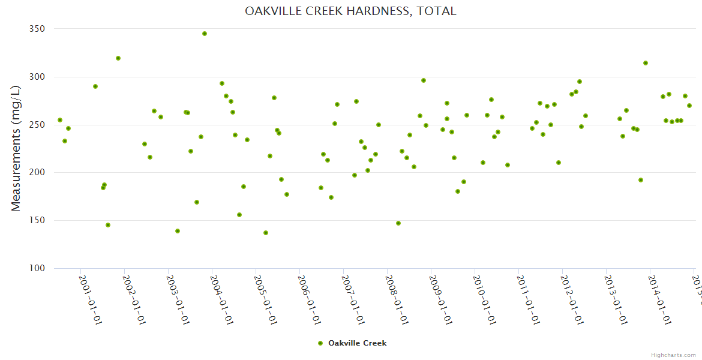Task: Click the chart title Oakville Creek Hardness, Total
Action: tap(350, 11)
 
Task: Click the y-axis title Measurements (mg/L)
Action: tap(16, 148)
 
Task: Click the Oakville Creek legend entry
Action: tap(353, 343)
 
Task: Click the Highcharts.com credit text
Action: tap(674, 355)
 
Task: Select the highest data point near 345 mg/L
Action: tap(205, 34)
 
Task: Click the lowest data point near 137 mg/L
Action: tap(266, 233)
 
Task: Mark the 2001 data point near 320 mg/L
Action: tap(118, 58)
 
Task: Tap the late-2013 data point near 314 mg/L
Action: tap(646, 63)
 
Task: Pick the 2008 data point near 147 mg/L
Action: tap(398, 223)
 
